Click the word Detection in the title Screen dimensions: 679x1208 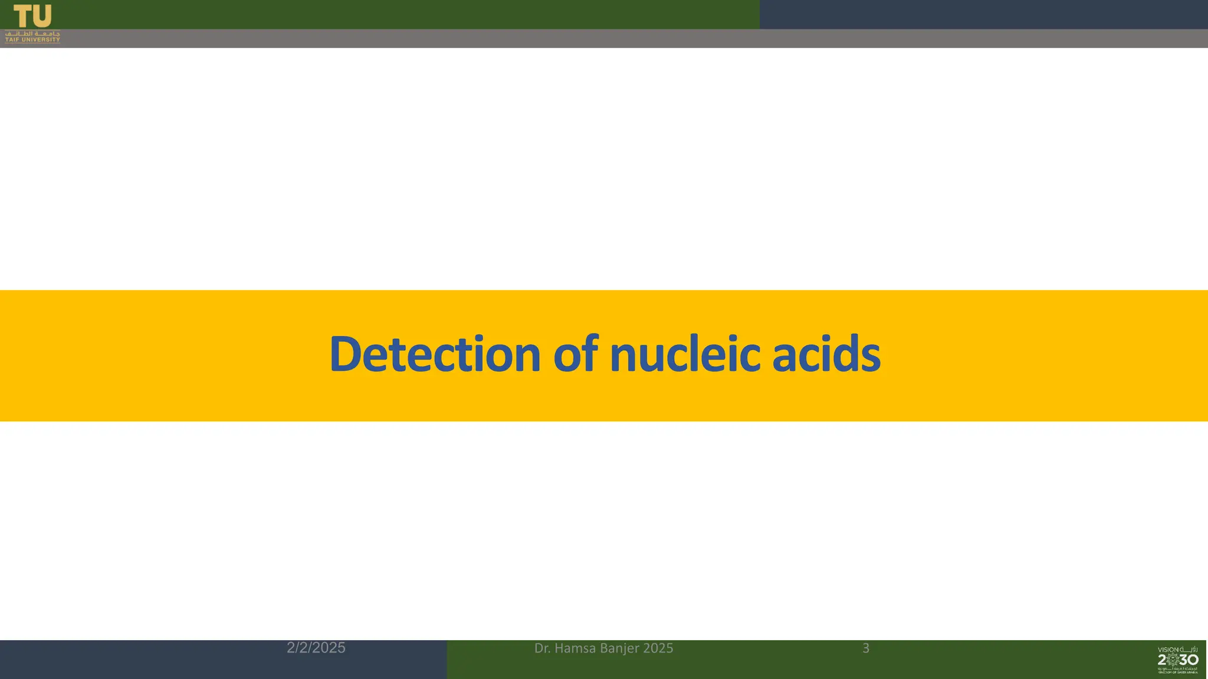tap(435, 354)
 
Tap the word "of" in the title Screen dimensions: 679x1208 tap(575, 354)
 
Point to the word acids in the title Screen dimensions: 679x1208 tap(826, 354)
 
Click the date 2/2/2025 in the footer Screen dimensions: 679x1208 tap(316, 648)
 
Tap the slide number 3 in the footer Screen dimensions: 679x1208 tap(866, 648)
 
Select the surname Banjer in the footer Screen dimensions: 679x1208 tap(620, 648)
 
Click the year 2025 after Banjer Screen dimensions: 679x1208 tap(658, 648)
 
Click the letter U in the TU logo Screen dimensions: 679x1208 tap(41, 16)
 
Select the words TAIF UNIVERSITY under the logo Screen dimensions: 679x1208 tap(32, 40)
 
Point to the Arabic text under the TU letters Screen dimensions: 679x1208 tap(32, 34)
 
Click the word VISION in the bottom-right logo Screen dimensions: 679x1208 tap(1168, 650)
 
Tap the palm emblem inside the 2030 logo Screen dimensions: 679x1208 tap(1173, 660)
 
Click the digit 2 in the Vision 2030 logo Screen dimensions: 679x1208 tap(1162, 660)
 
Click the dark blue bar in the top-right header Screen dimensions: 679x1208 tap(983, 14)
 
